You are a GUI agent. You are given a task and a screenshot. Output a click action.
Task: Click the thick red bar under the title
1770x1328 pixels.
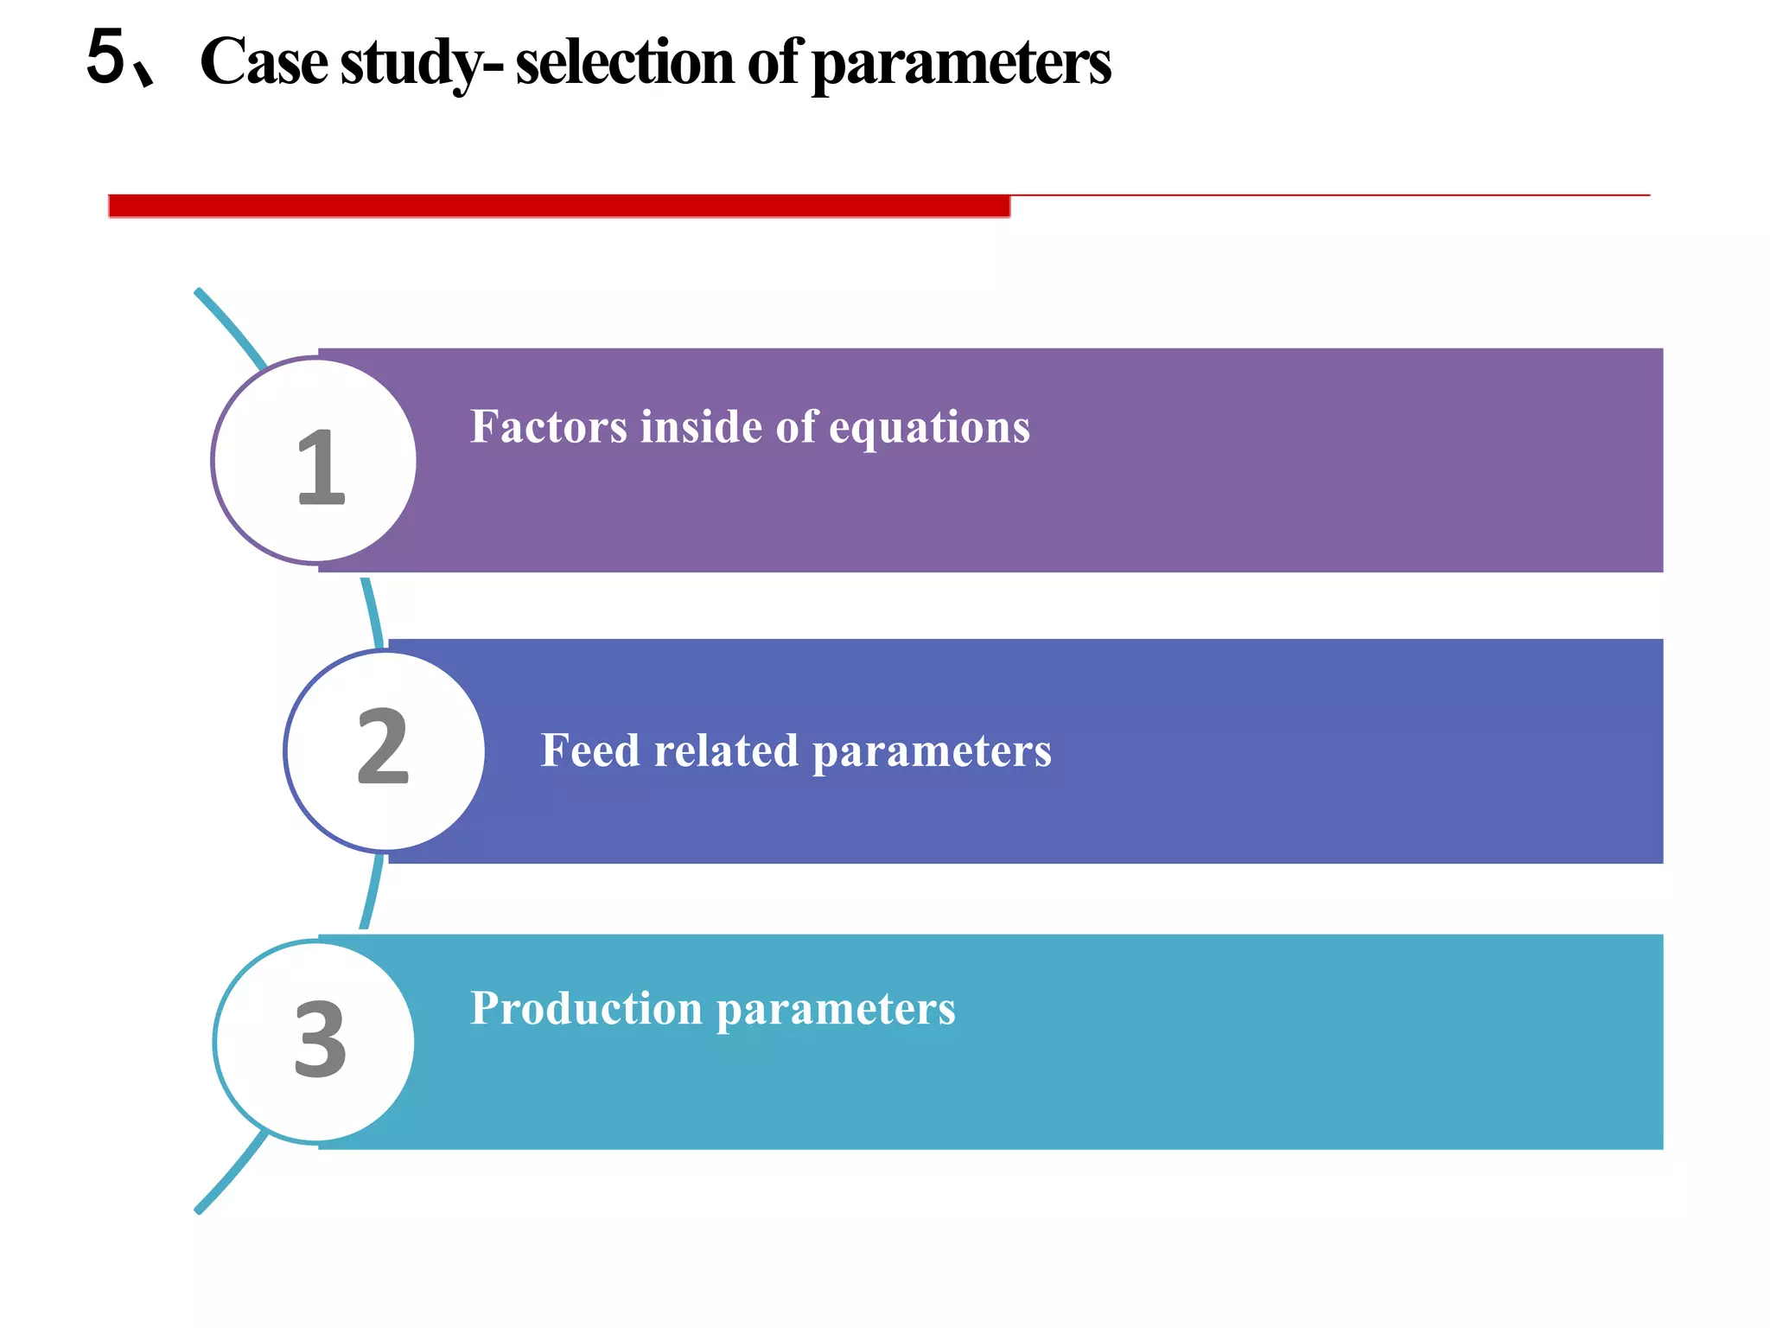(558, 207)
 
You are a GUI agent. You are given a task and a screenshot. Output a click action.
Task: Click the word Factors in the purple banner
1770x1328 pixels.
(548, 426)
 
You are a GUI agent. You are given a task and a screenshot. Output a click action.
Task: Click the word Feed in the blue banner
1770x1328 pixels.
(590, 750)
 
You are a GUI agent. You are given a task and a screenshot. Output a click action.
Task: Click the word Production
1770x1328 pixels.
(586, 1008)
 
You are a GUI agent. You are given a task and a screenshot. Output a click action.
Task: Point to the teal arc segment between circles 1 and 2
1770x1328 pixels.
(372, 612)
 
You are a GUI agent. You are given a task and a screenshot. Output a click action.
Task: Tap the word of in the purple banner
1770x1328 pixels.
(795, 426)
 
